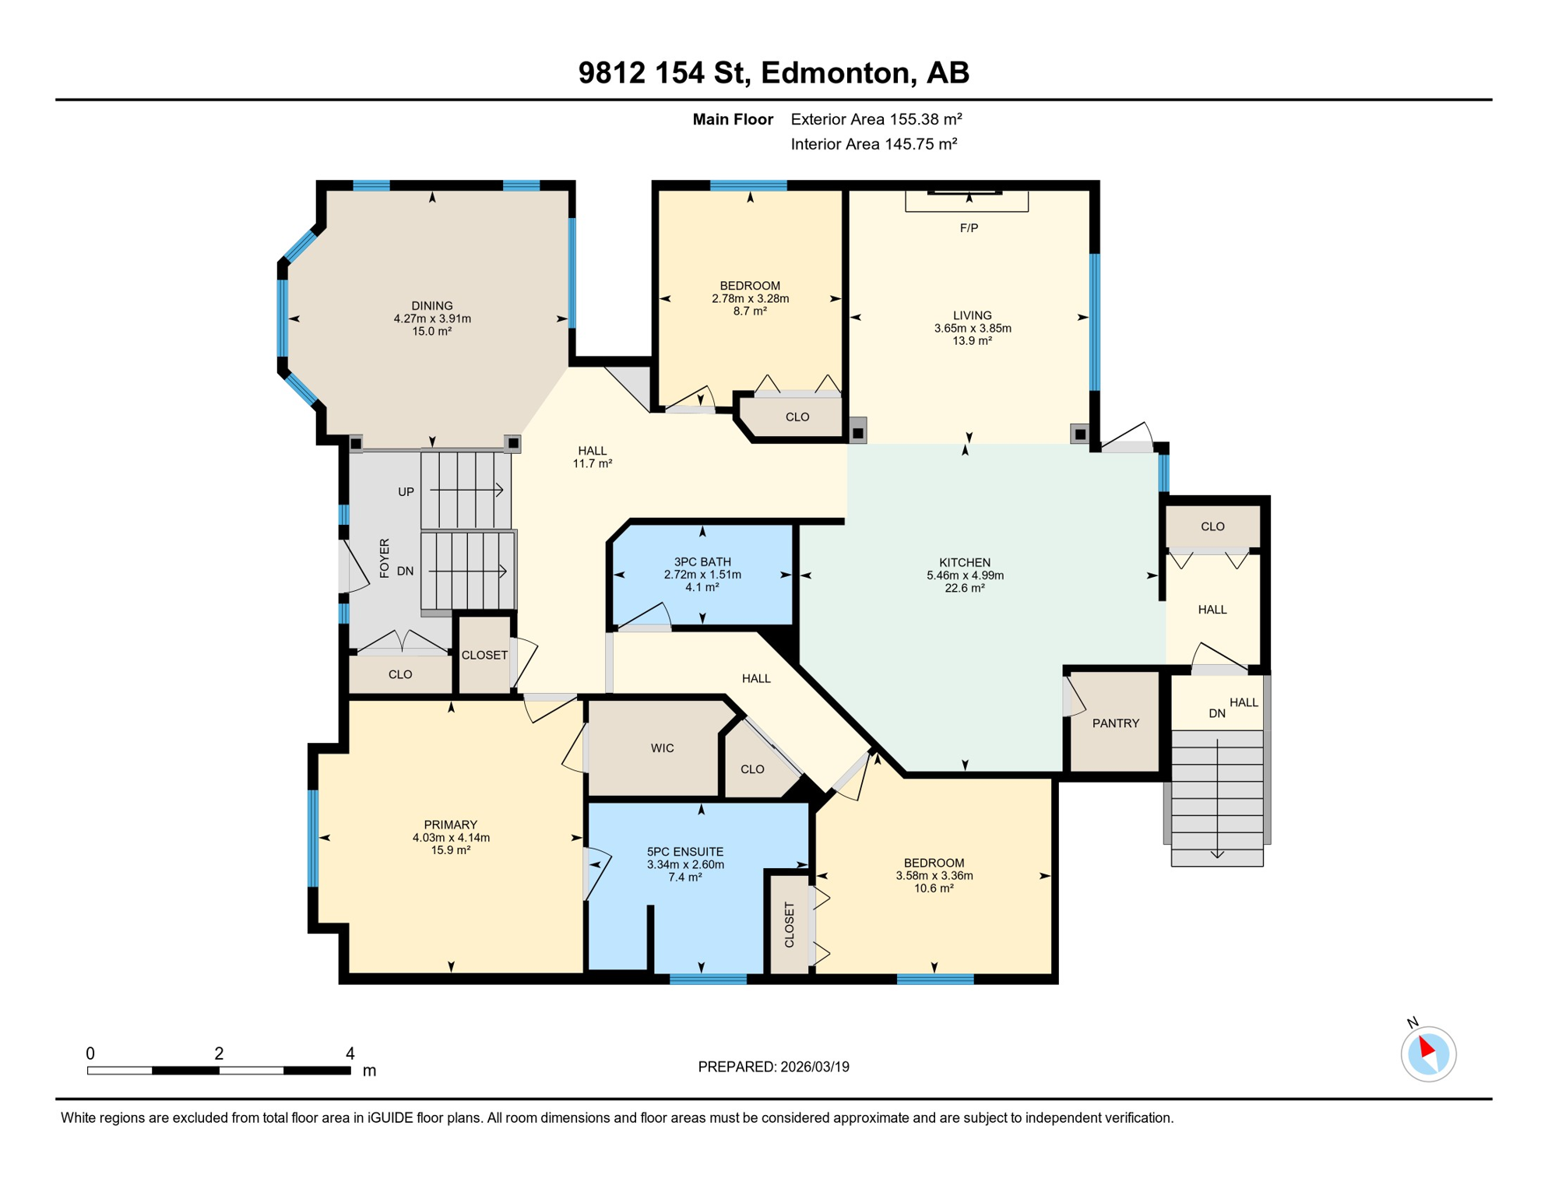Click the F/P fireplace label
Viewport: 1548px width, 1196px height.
click(x=969, y=228)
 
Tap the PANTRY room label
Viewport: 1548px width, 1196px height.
click(x=1115, y=723)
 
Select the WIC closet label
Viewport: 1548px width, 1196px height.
click(x=662, y=748)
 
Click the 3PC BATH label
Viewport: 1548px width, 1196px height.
click(x=702, y=562)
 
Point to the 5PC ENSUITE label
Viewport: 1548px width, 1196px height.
click(x=685, y=852)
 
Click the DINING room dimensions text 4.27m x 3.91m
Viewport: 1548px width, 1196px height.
click(x=432, y=318)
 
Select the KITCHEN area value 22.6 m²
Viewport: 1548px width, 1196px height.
click(x=965, y=588)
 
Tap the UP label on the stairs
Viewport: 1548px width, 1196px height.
click(x=406, y=492)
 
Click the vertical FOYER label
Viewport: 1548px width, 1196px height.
click(x=384, y=558)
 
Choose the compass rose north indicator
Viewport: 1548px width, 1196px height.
click(x=1428, y=1054)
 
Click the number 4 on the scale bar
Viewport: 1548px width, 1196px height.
click(x=350, y=1054)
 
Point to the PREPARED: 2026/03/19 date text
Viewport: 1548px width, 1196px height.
click(x=773, y=1067)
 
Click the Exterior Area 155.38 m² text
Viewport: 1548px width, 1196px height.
click(x=876, y=119)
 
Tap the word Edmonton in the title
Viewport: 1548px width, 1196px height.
click(x=836, y=72)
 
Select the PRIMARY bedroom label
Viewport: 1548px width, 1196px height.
click(x=450, y=825)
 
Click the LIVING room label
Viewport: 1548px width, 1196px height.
click(x=972, y=315)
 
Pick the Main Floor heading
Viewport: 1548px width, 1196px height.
click(x=733, y=119)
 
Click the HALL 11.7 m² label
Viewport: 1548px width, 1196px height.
click(x=592, y=457)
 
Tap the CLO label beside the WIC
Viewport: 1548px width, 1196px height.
click(x=752, y=769)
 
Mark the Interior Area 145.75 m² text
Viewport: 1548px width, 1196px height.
click(x=874, y=144)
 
